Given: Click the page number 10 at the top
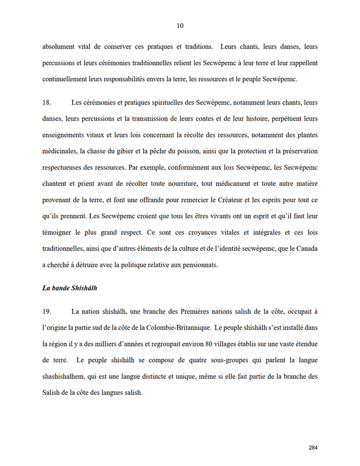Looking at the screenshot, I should [180, 25].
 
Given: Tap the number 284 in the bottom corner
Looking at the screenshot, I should [313, 448].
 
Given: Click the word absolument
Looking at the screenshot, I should [62, 46].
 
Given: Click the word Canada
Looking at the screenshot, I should [304, 248].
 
